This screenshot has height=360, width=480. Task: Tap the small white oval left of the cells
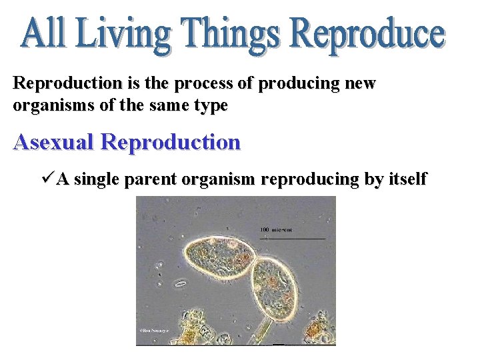pyautogui.click(x=180, y=284)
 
